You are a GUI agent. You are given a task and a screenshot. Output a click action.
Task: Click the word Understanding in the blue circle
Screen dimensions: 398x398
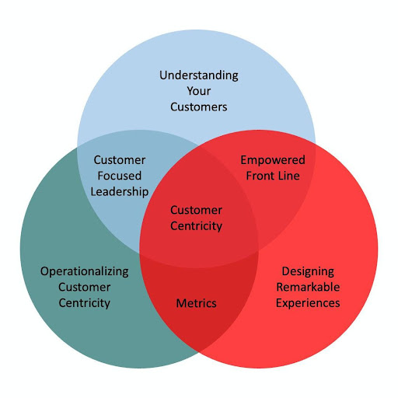pyautogui.click(x=199, y=75)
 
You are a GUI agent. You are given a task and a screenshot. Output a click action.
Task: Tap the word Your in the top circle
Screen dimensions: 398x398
pyautogui.click(x=199, y=91)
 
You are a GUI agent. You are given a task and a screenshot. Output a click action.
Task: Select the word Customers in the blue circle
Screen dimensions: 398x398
pyautogui.click(x=199, y=106)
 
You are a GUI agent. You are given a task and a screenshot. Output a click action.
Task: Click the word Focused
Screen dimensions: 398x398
pyautogui.click(x=119, y=175)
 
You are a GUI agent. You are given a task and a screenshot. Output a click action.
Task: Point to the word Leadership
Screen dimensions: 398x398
pyautogui.click(x=119, y=190)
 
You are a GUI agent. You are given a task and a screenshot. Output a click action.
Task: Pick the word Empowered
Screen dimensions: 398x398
pyautogui.click(x=272, y=160)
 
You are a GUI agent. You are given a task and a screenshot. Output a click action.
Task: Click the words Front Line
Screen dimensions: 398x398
pyautogui.click(x=272, y=176)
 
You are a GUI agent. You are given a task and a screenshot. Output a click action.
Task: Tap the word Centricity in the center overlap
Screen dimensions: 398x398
pyautogui.click(x=196, y=225)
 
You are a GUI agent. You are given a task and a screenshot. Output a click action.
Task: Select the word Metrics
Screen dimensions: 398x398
pyautogui.click(x=196, y=302)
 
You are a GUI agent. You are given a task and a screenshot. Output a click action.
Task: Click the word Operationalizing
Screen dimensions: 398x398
pyautogui.click(x=85, y=271)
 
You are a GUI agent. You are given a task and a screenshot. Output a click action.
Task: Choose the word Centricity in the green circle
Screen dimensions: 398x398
pyautogui.click(x=85, y=302)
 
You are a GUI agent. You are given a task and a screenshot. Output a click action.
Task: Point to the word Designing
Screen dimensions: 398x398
pyautogui.click(x=308, y=271)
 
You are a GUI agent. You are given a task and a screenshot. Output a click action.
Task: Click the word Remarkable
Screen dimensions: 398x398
pyautogui.click(x=308, y=287)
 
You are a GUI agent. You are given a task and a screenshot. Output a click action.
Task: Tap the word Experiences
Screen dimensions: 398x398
pyautogui.click(x=308, y=302)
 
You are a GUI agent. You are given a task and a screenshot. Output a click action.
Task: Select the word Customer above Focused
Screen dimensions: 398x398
pyautogui.click(x=119, y=159)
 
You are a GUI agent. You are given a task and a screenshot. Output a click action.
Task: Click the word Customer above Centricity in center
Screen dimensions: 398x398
pyautogui.click(x=196, y=210)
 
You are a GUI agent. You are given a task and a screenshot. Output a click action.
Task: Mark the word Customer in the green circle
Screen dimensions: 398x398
pyautogui.click(x=85, y=287)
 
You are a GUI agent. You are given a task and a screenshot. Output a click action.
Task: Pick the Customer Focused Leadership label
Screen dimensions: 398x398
pyautogui.click(x=119, y=175)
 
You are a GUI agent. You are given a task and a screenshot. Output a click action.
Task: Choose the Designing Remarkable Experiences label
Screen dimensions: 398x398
pyautogui.click(x=308, y=287)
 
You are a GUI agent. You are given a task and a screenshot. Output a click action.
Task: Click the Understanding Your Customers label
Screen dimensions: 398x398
pyautogui.click(x=199, y=91)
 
